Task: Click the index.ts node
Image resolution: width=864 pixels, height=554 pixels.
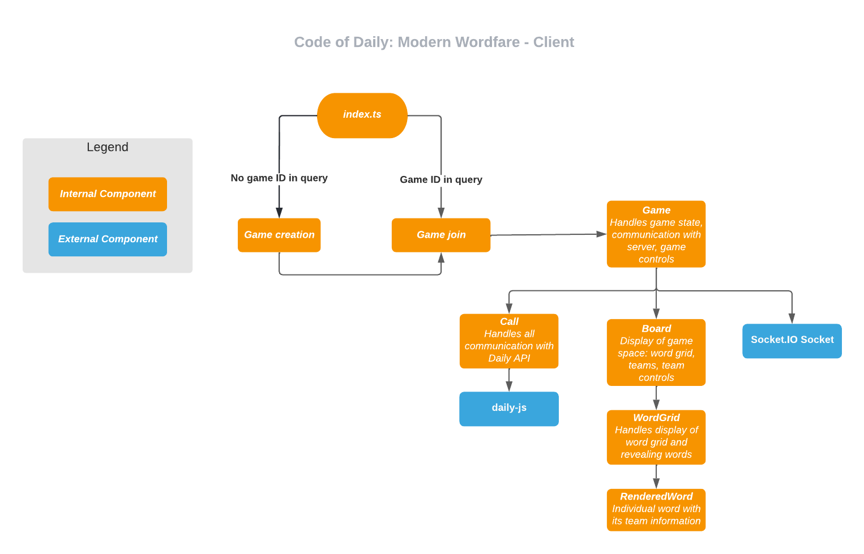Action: [362, 115]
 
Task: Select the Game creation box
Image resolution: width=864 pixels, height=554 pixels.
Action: [279, 235]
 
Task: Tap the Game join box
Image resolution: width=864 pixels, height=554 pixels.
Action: [440, 235]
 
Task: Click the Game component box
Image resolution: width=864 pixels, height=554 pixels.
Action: [656, 234]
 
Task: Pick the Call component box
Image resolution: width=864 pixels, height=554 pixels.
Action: [508, 341]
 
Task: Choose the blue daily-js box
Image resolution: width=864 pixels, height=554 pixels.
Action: [508, 409]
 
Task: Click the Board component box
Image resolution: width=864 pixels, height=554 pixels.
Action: [656, 352]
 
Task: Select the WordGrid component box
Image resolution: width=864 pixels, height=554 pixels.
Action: [656, 437]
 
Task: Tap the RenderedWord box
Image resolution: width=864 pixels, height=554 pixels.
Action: [656, 509]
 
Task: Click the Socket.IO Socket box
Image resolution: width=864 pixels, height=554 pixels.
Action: [792, 341]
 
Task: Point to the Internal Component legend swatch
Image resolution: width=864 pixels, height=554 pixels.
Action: [108, 194]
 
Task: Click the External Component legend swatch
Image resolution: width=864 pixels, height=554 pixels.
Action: [108, 239]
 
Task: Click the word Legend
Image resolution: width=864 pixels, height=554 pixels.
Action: [108, 147]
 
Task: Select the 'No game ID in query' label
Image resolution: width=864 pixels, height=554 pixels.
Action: [279, 178]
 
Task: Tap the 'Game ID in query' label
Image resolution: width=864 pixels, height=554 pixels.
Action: [440, 179]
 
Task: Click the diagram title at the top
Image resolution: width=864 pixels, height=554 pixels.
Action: [434, 42]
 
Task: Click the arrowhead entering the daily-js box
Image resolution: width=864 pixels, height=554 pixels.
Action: [509, 386]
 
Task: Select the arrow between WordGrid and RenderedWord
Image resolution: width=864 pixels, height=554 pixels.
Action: [656, 476]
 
